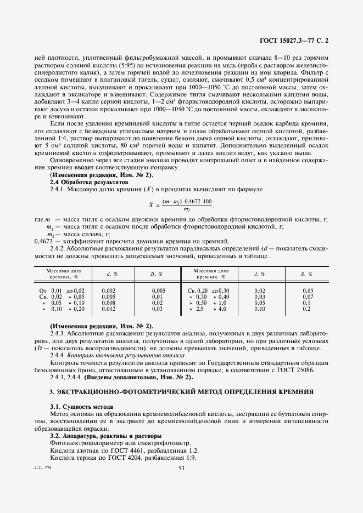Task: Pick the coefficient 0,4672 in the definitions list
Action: tap(44, 241)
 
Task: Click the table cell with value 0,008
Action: tap(109, 303)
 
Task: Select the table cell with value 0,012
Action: tap(109, 309)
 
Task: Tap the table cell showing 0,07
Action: tap(308, 296)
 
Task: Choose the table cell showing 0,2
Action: tap(308, 309)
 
